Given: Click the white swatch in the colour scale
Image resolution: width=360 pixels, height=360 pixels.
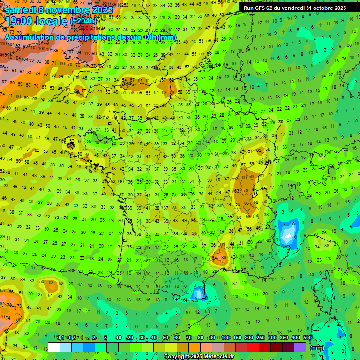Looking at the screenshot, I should click(x=54, y=347).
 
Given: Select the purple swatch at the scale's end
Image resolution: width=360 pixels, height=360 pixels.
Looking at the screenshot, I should click(x=300, y=347).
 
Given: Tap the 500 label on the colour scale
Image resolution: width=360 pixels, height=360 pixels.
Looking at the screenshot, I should click(x=307, y=337).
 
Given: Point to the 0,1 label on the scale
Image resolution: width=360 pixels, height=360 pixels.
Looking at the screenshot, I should click(x=60, y=337).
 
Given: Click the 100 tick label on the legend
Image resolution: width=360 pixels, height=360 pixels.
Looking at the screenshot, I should click(x=225, y=337).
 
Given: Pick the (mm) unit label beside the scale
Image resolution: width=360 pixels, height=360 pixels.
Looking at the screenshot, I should click(x=317, y=348).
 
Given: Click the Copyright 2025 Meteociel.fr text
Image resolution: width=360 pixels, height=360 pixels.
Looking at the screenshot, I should click(x=198, y=357).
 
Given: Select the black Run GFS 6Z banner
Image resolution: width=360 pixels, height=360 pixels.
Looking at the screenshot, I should click(x=294, y=8).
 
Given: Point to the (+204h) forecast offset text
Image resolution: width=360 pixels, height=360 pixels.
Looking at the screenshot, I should click(x=83, y=21).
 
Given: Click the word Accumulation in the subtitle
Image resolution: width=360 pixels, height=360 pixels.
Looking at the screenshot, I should click(x=29, y=37).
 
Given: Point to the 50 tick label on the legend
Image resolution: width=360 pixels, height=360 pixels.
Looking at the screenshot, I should click(x=165, y=337).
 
